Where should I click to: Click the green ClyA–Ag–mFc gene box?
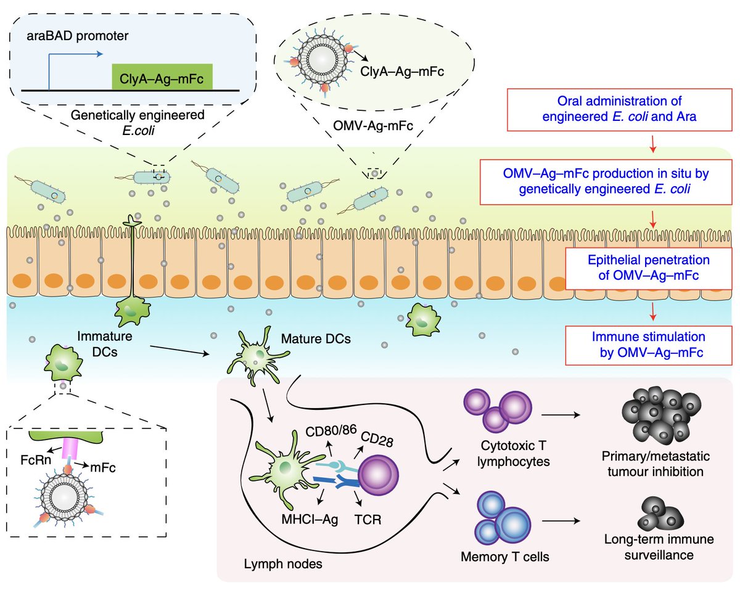(162, 78)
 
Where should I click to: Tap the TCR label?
(368, 518)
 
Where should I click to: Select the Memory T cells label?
(505, 558)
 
